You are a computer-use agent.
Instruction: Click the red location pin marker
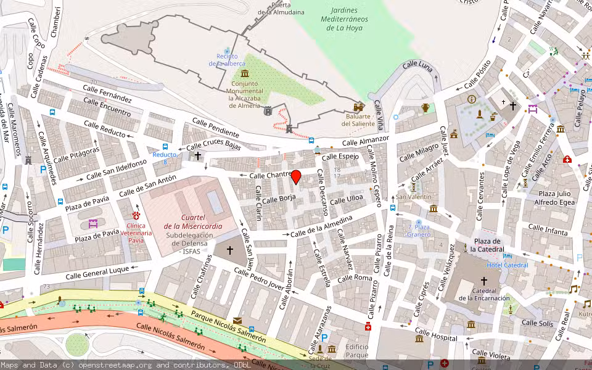click(296, 177)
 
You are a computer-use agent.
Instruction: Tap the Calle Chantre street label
click(271, 176)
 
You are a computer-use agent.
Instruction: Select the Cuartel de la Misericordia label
click(193, 221)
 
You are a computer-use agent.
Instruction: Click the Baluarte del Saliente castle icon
click(359, 107)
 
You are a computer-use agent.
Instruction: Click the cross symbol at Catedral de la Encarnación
click(484, 280)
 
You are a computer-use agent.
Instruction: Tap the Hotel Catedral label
click(507, 265)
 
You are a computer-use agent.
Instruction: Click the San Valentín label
click(414, 197)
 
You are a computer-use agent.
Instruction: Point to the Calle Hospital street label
click(437, 337)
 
